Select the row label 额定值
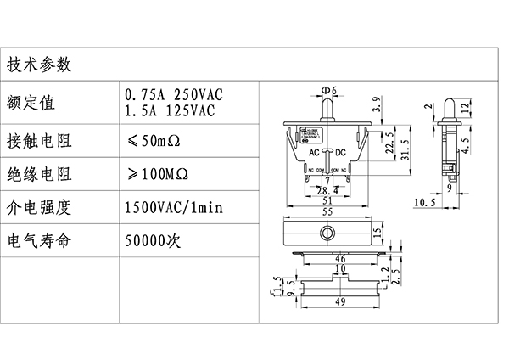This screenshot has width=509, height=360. tap(31, 103)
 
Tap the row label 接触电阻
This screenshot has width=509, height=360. tap(39, 139)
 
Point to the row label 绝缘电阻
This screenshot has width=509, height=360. tap(39, 175)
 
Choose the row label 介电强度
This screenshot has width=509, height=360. tap(39, 206)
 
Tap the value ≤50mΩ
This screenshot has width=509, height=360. tap(156, 139)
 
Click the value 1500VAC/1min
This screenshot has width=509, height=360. tap(173, 206)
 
